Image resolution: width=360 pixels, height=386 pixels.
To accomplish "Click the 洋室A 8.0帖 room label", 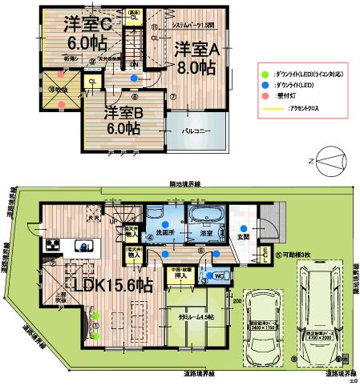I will (197, 57).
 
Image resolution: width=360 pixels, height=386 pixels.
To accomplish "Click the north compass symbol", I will (328, 159).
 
